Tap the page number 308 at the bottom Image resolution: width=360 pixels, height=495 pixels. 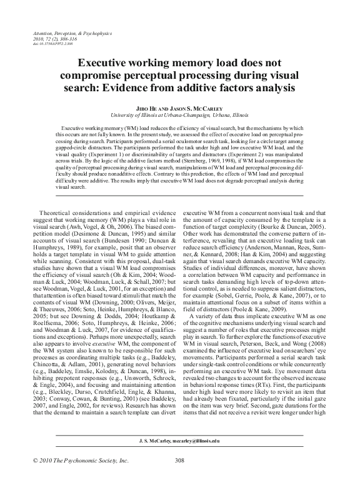click(180, 478)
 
